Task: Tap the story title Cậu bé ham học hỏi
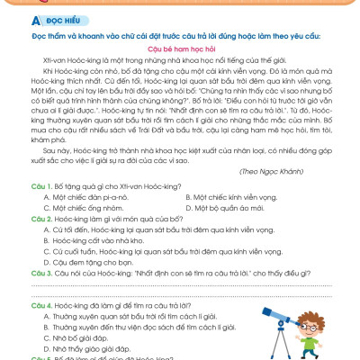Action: tap(180, 54)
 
